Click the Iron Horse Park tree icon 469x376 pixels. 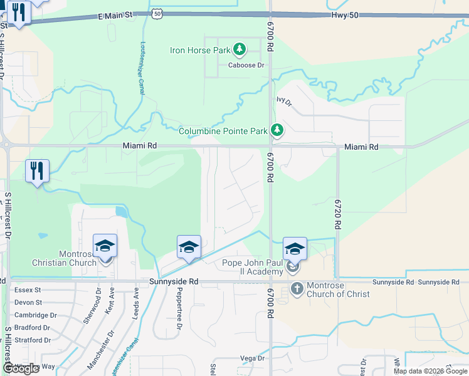(x=239, y=49)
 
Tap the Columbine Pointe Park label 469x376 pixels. (x=223, y=131)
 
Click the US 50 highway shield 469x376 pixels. (x=157, y=13)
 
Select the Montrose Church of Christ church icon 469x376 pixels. (x=297, y=289)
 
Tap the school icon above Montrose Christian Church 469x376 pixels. (x=105, y=246)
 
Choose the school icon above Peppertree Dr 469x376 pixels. (x=188, y=247)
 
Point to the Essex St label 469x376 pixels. (x=28, y=290)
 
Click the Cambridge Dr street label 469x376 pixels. (x=36, y=315)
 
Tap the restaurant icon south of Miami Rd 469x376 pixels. (x=37, y=170)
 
